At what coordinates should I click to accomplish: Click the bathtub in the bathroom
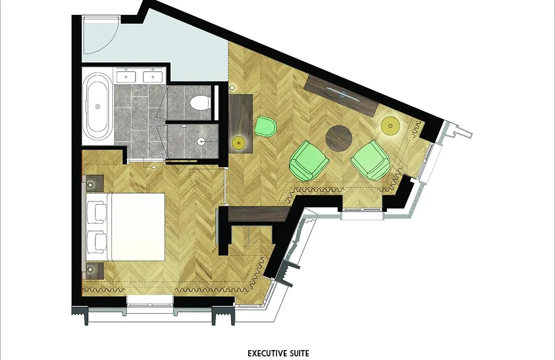pyautogui.click(x=98, y=106)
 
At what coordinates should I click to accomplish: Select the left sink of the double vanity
pyautogui.click(x=126, y=77)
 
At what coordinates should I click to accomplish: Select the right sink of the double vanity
pyautogui.click(x=153, y=77)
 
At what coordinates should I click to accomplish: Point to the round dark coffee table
pyautogui.click(x=339, y=138)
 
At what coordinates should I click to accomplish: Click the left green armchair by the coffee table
pyautogui.click(x=309, y=160)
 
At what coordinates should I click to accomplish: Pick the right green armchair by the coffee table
pyautogui.click(x=370, y=160)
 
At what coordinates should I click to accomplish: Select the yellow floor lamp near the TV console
pyautogui.click(x=391, y=125)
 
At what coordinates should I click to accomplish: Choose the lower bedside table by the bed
pyautogui.click(x=92, y=271)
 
